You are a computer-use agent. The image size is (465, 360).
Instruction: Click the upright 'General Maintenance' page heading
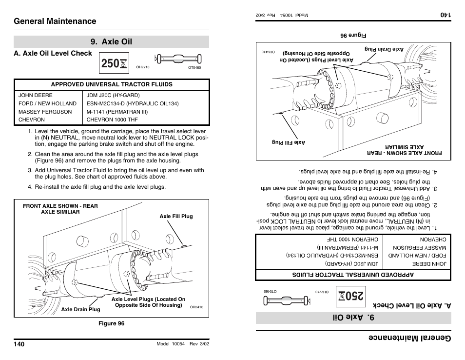55,21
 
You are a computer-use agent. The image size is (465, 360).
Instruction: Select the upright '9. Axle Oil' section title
111,42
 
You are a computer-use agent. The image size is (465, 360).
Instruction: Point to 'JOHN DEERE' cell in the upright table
36,96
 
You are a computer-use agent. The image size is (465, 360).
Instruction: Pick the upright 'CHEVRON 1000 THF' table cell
112,120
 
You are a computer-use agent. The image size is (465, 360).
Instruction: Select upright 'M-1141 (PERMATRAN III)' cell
117,112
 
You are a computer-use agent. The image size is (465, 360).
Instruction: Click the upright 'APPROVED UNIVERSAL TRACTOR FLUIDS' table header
112,84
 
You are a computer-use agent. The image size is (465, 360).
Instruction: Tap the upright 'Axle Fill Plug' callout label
176,216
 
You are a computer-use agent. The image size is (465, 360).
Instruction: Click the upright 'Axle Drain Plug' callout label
80,309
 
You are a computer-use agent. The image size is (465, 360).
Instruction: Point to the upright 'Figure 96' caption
111,323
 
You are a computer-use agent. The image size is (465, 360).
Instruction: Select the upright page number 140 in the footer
19,344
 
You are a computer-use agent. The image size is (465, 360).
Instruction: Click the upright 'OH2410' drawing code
196,307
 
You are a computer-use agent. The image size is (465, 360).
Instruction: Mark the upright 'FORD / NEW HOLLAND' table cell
47,103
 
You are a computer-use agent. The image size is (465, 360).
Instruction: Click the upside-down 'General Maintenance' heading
409,339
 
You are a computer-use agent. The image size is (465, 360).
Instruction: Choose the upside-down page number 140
446,15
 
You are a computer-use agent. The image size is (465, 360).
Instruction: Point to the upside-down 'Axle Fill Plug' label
289,142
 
